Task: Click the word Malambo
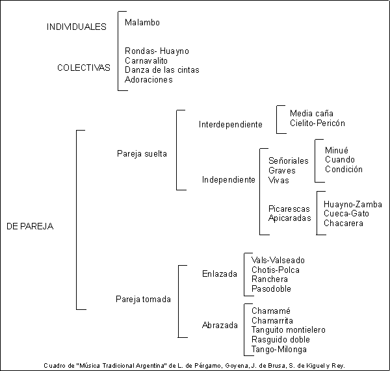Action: (142, 22)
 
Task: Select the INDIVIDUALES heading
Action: (77, 27)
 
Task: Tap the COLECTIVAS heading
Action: (84, 68)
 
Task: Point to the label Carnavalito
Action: (146, 60)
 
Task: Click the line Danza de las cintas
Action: (162, 70)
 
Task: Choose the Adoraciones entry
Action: (148, 79)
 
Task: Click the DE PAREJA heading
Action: (30, 226)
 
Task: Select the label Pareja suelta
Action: (142, 154)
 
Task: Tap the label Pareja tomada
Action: (143, 299)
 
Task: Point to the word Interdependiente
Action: (231, 124)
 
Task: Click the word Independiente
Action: (229, 179)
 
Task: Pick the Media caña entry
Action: (311, 114)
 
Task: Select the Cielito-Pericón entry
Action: (317, 123)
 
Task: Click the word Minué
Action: (337, 150)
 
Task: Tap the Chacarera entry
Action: (343, 223)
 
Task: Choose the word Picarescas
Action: (289, 209)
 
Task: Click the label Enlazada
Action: (220, 274)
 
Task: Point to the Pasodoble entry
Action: (271, 288)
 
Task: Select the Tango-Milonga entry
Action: (279, 350)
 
